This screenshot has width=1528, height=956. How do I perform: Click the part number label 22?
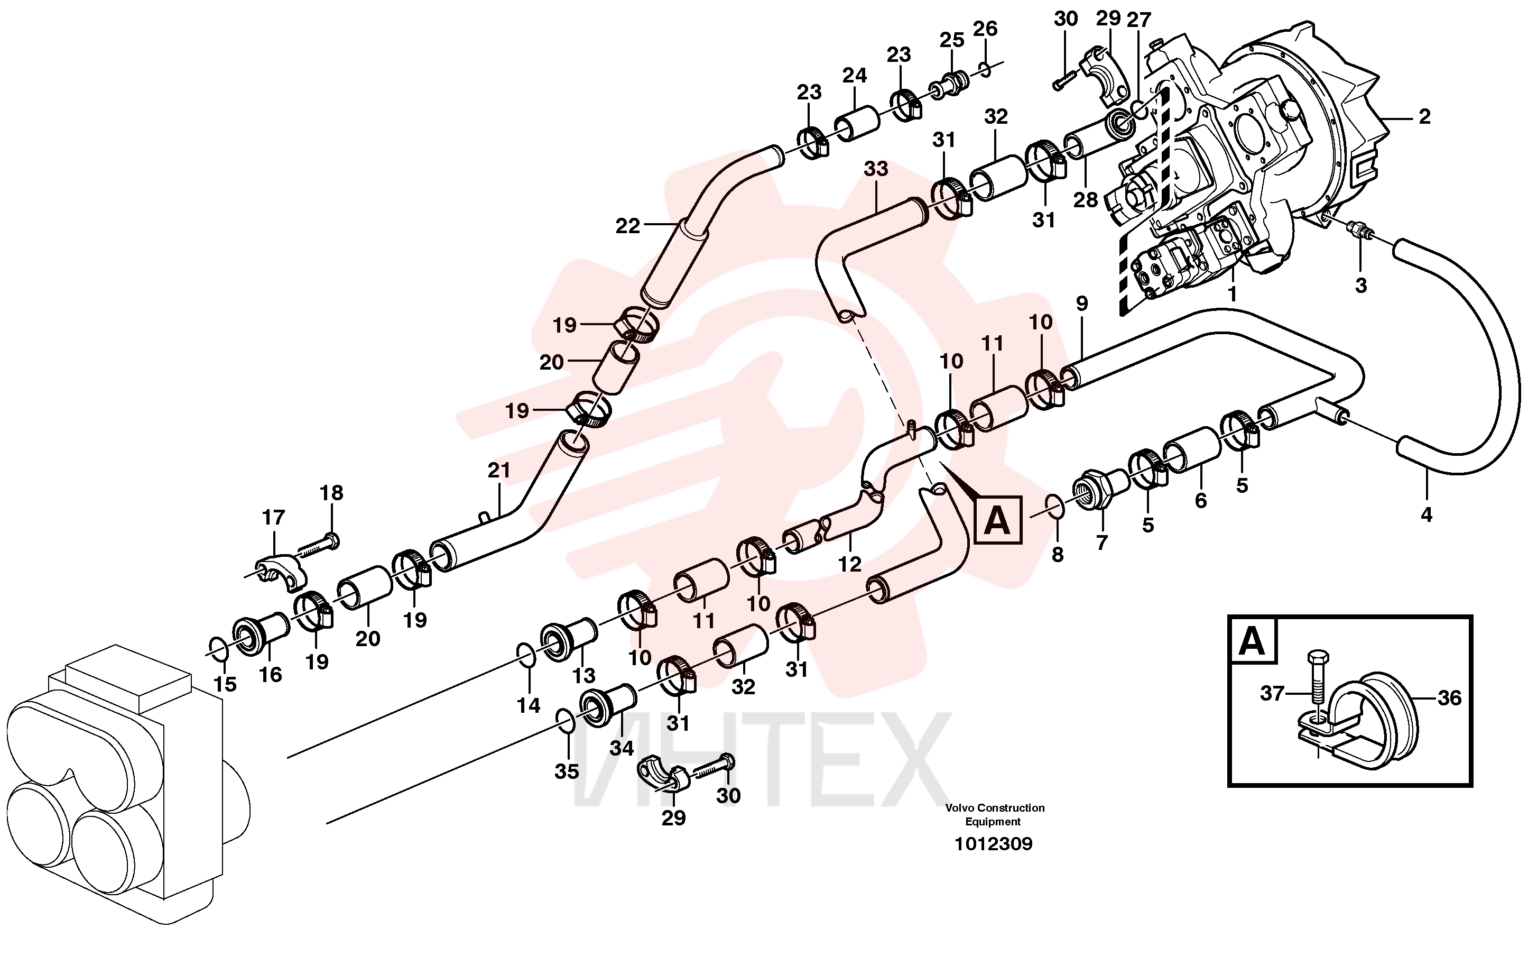point(627,226)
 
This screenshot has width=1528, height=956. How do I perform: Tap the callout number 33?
point(876,169)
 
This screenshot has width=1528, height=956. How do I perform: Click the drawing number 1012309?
point(994,843)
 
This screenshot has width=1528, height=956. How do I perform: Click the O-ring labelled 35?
point(566,721)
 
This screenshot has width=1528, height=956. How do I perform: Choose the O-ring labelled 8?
point(1055,507)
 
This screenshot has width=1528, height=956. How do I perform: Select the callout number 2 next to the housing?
point(1424,116)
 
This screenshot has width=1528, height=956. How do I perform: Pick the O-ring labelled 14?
point(526,656)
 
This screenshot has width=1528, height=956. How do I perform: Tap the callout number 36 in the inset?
point(1449,698)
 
